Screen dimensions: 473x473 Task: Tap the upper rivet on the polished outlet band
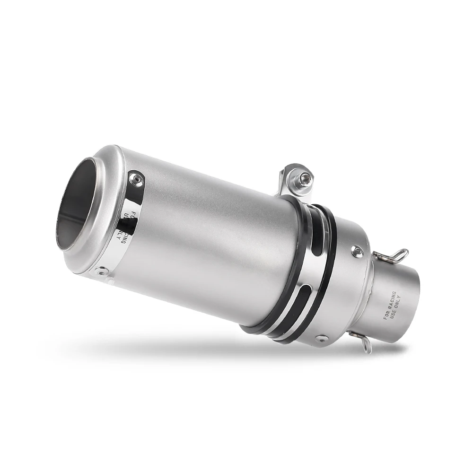point(136,178)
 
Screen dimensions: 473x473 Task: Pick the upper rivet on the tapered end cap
point(358,251)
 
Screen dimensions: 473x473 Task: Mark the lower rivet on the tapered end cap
point(322,339)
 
